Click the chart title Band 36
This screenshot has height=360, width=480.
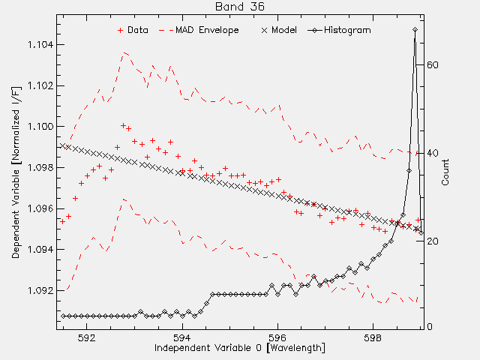pos(240,7)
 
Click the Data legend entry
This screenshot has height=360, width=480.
pos(133,30)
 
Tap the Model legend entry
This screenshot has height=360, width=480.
pos(279,30)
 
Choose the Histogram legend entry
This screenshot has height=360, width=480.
pos(340,30)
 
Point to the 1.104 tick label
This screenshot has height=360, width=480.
pos(40,45)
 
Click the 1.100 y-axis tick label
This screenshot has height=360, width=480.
pos(40,127)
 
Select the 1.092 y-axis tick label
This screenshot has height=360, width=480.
pos(40,290)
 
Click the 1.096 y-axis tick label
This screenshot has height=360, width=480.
pos(40,208)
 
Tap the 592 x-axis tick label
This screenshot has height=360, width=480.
pos(87,337)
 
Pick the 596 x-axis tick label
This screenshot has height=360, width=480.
pos(277,337)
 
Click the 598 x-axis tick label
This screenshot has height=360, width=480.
pos(373,337)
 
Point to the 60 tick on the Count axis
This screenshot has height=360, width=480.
pos(433,65)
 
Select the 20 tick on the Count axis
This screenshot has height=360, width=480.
pos(433,241)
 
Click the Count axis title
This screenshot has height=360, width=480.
pos(445,172)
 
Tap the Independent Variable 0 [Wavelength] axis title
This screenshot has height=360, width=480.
pos(240,348)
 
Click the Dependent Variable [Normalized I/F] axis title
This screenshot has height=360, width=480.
pos(16,172)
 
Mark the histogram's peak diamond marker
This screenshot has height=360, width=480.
pos(415,30)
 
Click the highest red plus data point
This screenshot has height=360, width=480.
pos(123,125)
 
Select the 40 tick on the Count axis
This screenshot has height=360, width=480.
pos(433,153)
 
